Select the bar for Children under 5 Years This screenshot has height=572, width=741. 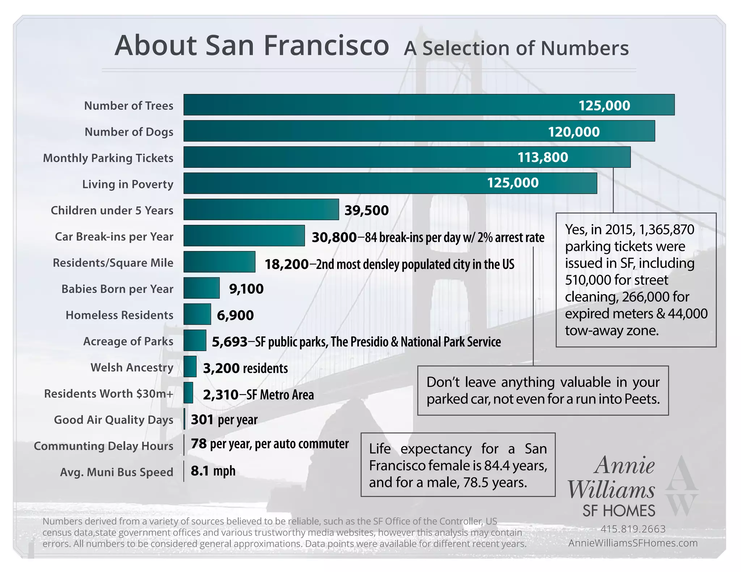(x=261, y=209)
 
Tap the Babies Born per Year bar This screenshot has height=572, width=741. (x=201, y=288)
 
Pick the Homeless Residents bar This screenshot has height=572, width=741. (x=197, y=314)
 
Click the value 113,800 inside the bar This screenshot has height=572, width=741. (x=543, y=157)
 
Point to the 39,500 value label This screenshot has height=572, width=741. (x=366, y=210)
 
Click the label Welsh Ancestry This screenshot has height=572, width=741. (x=132, y=367)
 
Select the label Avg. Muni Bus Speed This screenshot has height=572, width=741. (x=117, y=472)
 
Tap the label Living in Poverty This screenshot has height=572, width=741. (x=127, y=184)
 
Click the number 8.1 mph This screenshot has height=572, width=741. (x=213, y=471)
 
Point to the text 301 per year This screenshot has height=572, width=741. (x=224, y=419)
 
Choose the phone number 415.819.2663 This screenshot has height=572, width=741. (x=633, y=529)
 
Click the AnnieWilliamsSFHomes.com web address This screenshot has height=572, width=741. (x=633, y=543)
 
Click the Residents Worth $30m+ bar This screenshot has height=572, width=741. (x=188, y=393)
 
